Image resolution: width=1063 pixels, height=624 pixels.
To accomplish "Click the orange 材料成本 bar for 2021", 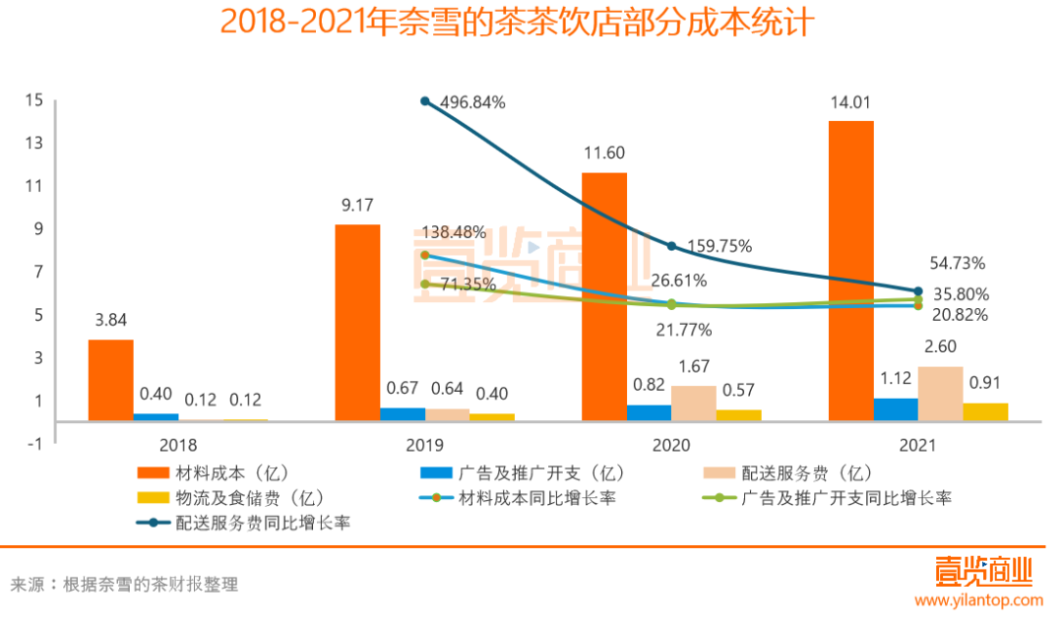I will click(x=850, y=271).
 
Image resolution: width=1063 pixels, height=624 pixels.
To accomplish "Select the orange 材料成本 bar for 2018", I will click(x=110, y=380).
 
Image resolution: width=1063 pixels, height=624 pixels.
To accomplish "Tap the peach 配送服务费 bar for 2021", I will click(x=940, y=394).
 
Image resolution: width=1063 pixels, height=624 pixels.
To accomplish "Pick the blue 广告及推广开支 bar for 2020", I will click(x=649, y=412).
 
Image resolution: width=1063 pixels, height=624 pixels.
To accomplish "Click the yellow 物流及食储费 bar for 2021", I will click(x=985, y=411).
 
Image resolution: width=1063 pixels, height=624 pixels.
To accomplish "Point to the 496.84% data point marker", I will click(x=425, y=101).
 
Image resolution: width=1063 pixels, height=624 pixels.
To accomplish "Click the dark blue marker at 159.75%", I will click(x=672, y=246).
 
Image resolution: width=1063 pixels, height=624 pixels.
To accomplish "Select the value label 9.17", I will click(x=356, y=207).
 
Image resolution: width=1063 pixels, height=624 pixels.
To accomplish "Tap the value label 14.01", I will click(x=851, y=102).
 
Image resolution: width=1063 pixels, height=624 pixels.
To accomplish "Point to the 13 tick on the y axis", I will click(x=34, y=144).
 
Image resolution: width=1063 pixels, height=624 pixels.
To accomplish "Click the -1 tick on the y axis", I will click(x=33, y=444).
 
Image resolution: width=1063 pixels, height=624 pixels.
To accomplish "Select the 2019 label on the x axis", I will click(x=425, y=445).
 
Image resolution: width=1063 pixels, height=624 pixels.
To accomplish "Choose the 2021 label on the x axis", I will click(x=918, y=445).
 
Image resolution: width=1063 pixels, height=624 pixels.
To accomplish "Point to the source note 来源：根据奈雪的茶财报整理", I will click(x=124, y=585).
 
